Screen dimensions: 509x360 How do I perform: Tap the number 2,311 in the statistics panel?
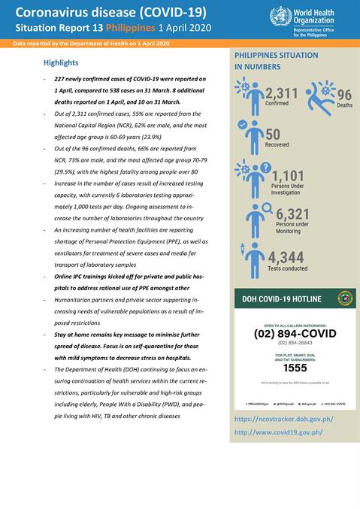281,93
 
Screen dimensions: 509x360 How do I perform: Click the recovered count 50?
273,134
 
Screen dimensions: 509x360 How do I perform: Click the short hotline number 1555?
295,368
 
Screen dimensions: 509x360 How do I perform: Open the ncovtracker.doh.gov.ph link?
283,419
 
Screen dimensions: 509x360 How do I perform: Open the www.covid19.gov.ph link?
279,432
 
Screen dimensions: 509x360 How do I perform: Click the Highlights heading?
61,62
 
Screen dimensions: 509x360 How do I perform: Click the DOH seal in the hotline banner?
344,298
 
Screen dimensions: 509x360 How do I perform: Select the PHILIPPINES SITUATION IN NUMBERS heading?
276,61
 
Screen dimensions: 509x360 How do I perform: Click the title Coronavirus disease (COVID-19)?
111,11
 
